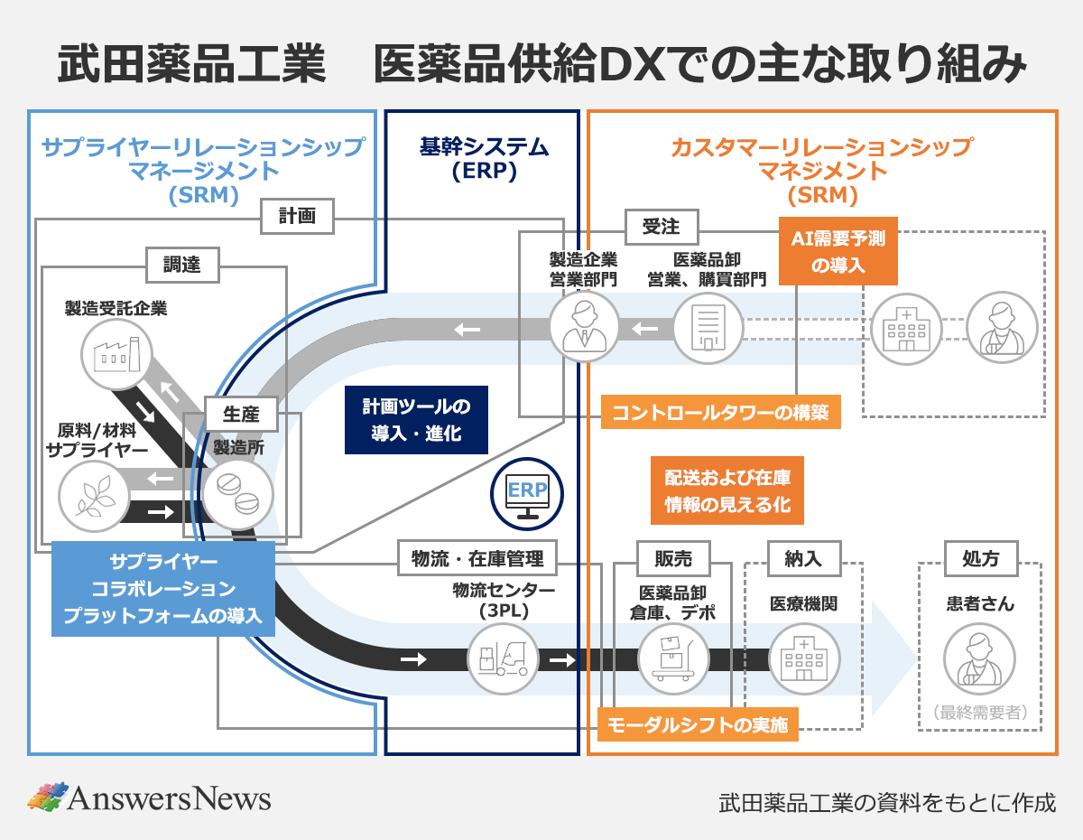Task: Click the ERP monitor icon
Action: pyautogui.click(x=526, y=494)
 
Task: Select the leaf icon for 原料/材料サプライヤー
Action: pyautogui.click(x=93, y=497)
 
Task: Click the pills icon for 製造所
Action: pyautogui.click(x=236, y=495)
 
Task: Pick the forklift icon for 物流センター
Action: pyautogui.click(x=503, y=658)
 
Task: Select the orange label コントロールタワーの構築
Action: pyautogui.click(x=720, y=413)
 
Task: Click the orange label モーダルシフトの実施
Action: pyautogui.click(x=698, y=724)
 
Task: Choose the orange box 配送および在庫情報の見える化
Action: pyautogui.click(x=727, y=490)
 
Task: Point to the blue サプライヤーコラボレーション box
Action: pyautogui.click(x=162, y=588)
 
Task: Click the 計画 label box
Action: pyautogui.click(x=297, y=217)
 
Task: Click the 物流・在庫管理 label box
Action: pyautogui.click(x=477, y=558)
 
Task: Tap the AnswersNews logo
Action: pyautogui.click(x=149, y=798)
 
